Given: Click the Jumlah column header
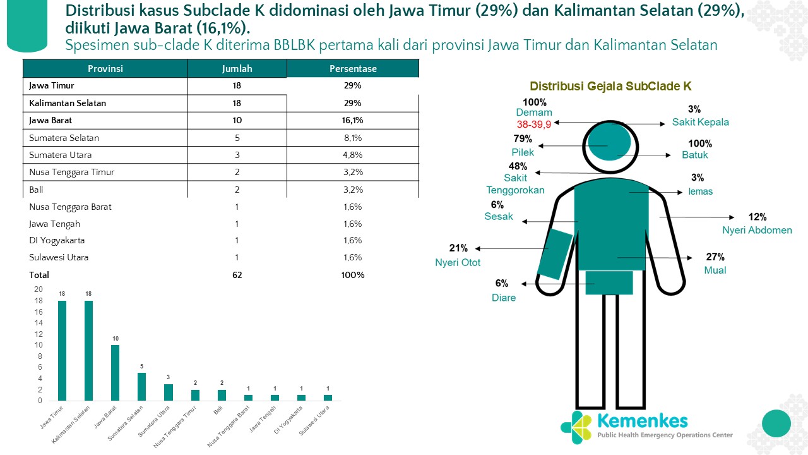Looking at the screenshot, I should coord(237,69).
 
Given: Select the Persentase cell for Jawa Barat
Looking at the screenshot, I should coord(353,120).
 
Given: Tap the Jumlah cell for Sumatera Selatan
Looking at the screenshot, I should coord(237,138).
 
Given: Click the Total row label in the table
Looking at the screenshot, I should coord(39,275).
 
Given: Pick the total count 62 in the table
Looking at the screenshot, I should coord(237,275).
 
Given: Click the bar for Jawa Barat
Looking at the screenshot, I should coord(116,373).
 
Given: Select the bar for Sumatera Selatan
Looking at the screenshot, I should coord(142,387).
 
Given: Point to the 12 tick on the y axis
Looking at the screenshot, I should coord(39,334).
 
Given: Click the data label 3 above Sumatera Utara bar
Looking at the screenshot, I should coord(169,377).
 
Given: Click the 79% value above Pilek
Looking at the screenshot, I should coord(523,139).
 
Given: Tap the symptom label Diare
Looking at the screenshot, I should coord(504,298).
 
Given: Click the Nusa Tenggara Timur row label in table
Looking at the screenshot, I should coord(71,172).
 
